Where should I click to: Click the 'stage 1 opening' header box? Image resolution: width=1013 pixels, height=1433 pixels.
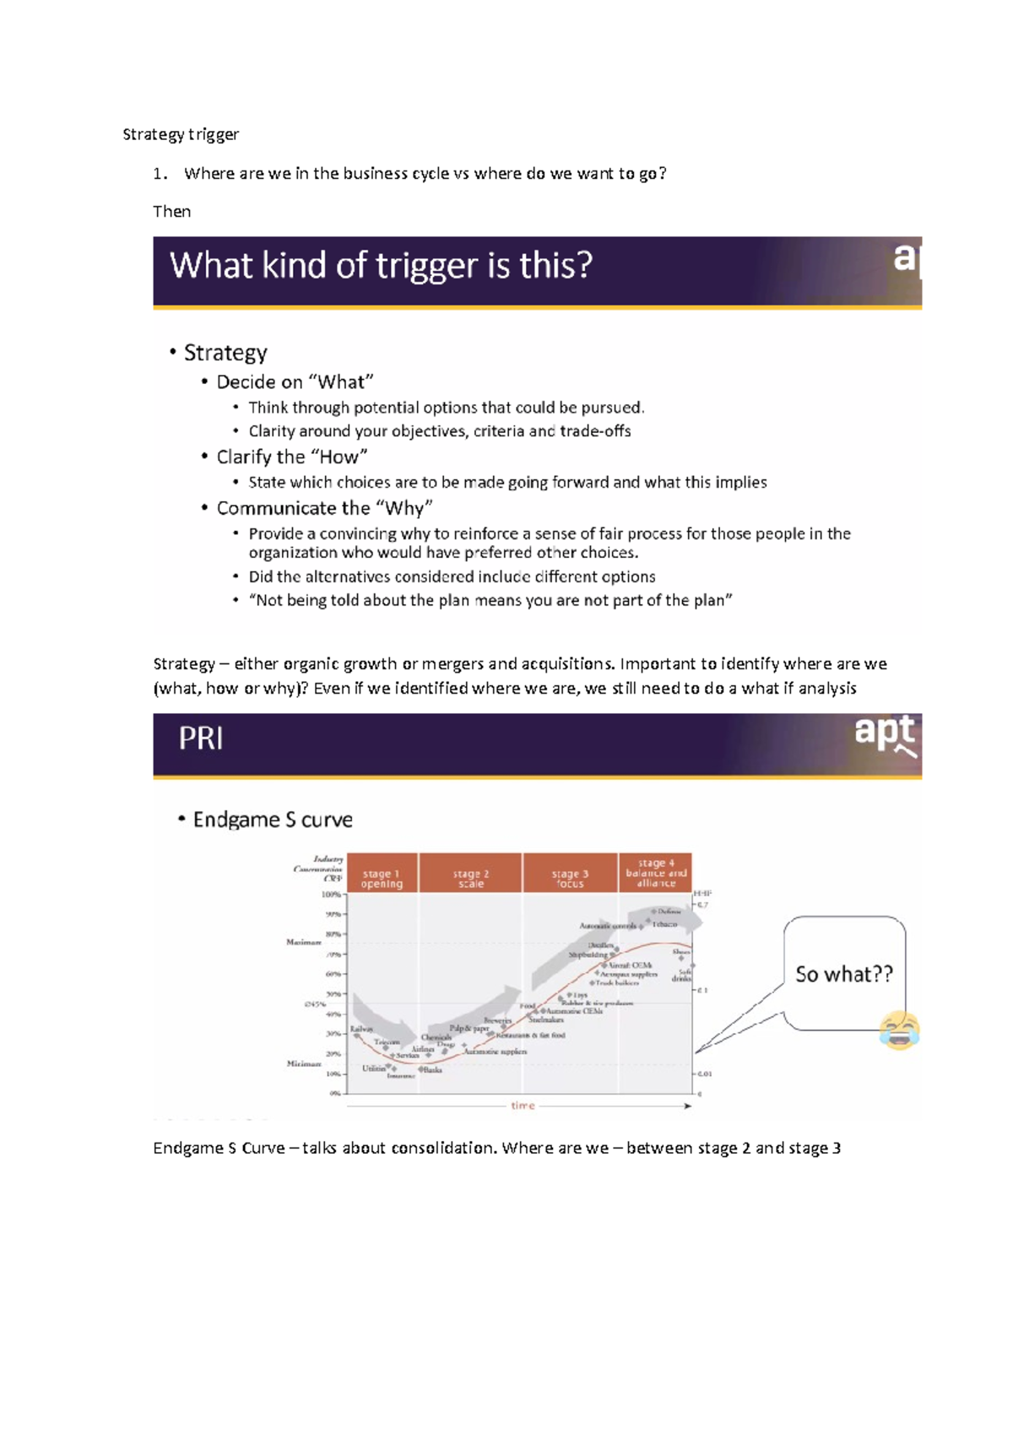382,873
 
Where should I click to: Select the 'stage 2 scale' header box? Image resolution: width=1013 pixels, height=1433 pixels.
470,873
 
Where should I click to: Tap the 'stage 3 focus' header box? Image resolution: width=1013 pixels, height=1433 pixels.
570,873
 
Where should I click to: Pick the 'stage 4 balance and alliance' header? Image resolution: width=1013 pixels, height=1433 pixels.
656,873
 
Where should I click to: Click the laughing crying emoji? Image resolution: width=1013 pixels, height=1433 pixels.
899,1030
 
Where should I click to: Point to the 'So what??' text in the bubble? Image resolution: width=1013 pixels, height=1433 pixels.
843,974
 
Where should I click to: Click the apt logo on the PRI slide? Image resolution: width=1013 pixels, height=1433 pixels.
885,734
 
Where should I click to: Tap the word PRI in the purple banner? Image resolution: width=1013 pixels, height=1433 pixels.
201,739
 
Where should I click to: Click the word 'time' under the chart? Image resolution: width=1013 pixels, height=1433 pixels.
523,1106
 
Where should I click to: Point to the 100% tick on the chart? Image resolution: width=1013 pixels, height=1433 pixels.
331,894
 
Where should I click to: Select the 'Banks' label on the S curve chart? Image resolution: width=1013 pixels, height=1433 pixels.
432,1070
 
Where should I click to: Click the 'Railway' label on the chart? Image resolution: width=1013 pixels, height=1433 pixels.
361,1029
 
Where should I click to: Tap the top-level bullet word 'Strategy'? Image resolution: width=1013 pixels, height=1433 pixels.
225,353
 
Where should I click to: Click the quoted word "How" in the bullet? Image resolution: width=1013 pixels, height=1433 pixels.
339,457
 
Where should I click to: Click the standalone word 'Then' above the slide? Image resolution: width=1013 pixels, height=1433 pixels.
171,212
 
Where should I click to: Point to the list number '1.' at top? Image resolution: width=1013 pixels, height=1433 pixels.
160,174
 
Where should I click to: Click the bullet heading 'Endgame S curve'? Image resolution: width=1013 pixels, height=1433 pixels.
273,819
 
